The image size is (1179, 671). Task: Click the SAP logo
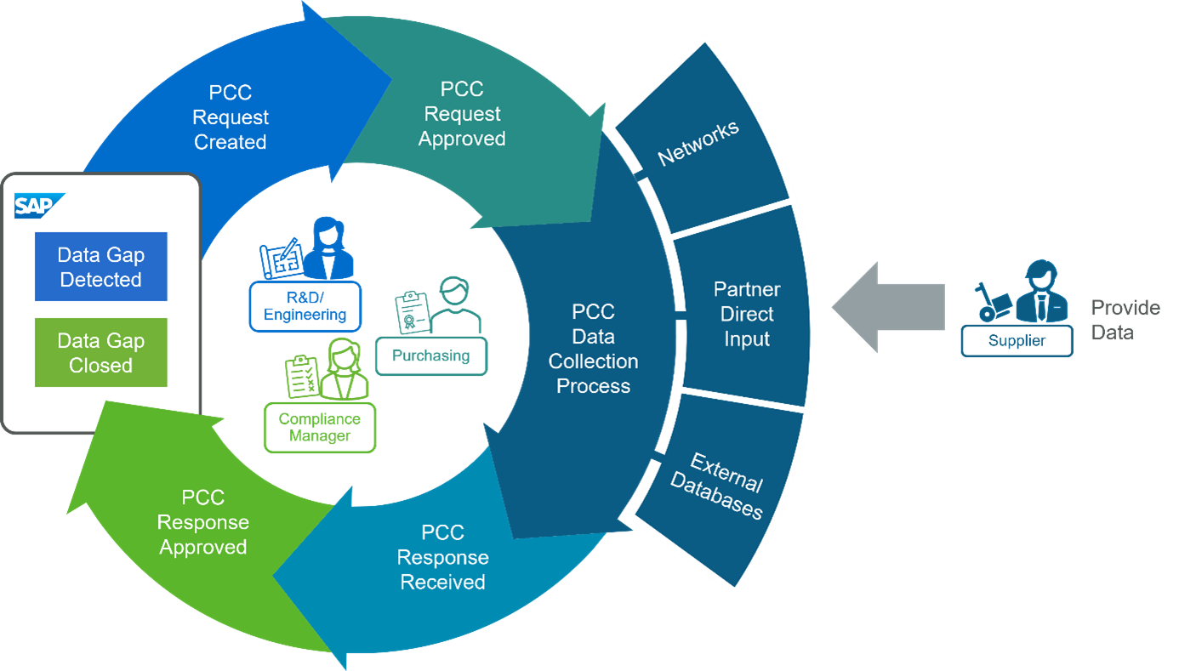coord(35,206)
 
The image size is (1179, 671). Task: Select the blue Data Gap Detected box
coord(100,267)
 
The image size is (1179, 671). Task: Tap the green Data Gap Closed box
coord(100,353)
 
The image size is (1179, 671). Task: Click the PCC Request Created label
coord(231,117)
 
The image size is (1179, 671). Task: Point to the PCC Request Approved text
coord(462,114)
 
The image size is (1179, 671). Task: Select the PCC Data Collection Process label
coord(593,349)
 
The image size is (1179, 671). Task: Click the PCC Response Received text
coord(442,557)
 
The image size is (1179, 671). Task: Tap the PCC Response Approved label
coord(203,522)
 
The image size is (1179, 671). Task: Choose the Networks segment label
coord(698,143)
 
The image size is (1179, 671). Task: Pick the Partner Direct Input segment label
coord(747,314)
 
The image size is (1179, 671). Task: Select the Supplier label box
coord(1017,341)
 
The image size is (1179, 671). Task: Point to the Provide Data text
coord(1125,320)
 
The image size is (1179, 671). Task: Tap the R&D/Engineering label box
coord(305,306)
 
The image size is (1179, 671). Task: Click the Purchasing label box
coord(431,356)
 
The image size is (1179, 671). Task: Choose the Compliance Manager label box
coord(319,428)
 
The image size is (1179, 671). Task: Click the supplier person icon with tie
coord(1040,293)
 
